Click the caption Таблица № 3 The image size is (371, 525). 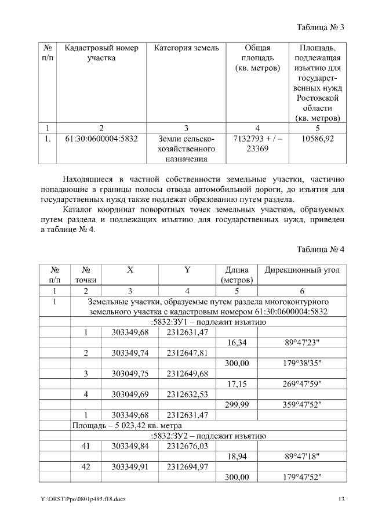(320, 27)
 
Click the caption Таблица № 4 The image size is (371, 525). (320, 249)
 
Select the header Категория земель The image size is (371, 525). (186, 48)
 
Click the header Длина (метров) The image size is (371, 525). (237, 275)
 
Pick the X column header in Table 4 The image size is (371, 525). (130, 270)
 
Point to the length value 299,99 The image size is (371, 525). (237, 405)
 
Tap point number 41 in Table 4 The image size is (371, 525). (86, 446)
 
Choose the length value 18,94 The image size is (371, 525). (237, 457)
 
